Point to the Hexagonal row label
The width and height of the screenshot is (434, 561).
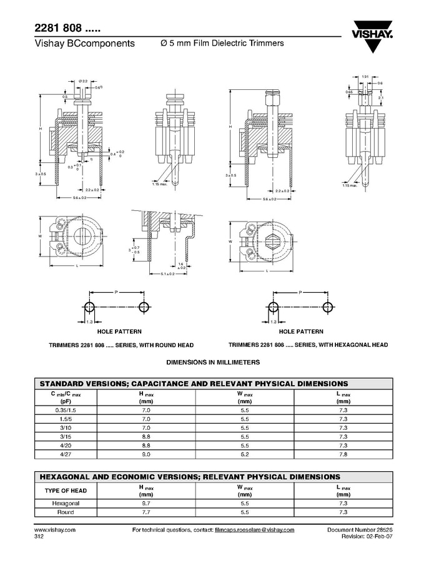tap(66, 503)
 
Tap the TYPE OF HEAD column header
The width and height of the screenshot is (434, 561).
tap(66, 490)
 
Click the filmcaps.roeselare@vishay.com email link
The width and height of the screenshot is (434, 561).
tap(254, 529)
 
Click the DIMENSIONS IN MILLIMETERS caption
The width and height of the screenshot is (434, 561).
tap(213, 362)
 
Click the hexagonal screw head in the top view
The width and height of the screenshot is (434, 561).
tap(274, 240)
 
